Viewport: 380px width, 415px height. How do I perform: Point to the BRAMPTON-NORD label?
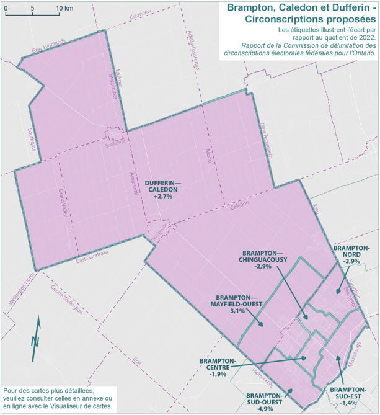coord(351,251)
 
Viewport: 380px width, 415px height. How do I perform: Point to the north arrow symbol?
coord(37,338)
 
